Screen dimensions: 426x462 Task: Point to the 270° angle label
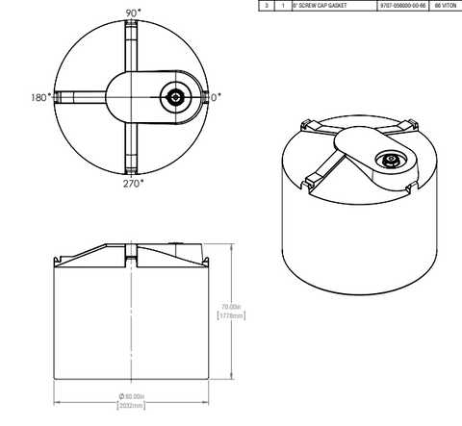click(x=132, y=181)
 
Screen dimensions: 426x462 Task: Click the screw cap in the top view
click(x=175, y=97)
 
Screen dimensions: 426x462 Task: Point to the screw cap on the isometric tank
click(x=392, y=161)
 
